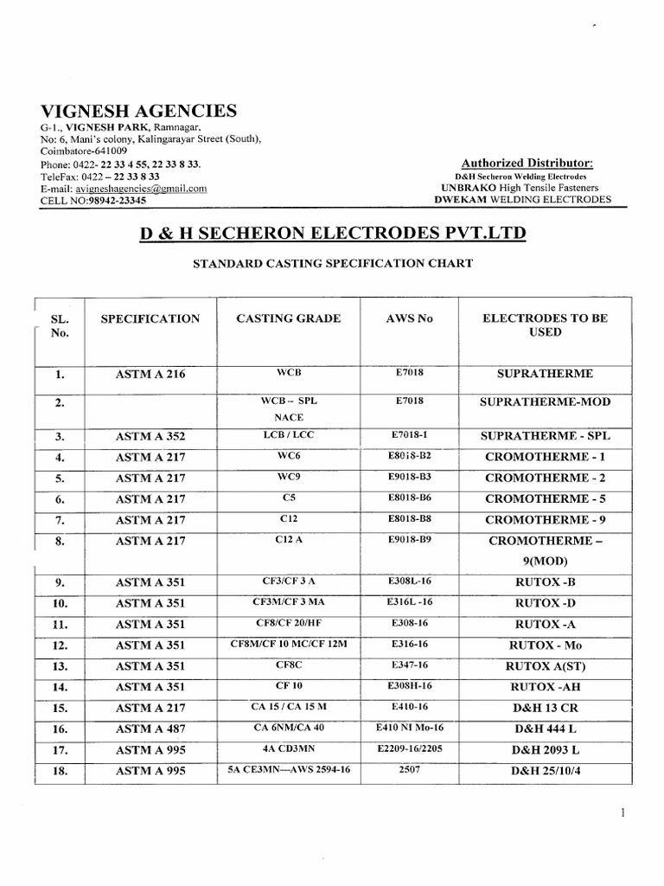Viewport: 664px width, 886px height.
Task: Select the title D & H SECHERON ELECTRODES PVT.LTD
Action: tap(331, 234)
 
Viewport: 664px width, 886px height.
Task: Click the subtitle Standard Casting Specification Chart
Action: tap(331, 264)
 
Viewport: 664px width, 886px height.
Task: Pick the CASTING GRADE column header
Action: tap(288, 318)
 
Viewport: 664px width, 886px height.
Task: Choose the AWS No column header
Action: tap(411, 318)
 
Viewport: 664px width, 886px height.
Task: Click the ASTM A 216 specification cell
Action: tap(150, 375)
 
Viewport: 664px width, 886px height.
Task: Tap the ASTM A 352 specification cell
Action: tap(150, 437)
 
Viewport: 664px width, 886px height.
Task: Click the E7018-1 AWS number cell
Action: tap(411, 436)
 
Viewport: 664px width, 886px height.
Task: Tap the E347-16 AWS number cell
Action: tap(411, 666)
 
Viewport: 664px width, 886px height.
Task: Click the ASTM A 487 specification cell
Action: tap(150, 729)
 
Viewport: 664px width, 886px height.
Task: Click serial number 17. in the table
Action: tap(60, 750)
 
